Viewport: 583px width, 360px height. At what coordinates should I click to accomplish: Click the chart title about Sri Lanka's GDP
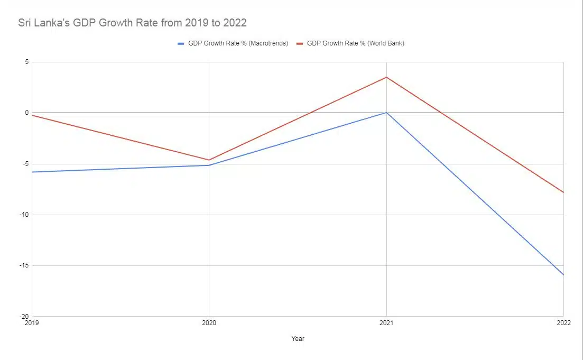(x=132, y=23)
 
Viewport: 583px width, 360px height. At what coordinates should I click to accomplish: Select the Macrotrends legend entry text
(x=238, y=43)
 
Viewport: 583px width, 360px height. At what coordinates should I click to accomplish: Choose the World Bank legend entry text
(x=355, y=43)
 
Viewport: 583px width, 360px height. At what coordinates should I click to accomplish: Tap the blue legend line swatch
(x=181, y=43)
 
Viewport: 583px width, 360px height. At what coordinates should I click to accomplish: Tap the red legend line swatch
(x=299, y=43)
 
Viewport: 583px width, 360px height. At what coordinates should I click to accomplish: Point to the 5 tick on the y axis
(x=25, y=62)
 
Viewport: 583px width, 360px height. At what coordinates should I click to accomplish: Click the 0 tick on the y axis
(x=25, y=113)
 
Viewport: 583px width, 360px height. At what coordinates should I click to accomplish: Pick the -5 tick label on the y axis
(x=24, y=164)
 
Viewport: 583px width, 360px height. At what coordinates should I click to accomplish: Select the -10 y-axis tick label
(x=23, y=215)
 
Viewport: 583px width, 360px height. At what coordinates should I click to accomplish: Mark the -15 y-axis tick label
(x=23, y=265)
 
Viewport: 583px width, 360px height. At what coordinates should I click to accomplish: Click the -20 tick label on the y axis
(x=23, y=316)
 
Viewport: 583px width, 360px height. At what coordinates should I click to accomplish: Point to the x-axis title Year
(x=298, y=339)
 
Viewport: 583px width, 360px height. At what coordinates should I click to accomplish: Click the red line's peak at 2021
(x=386, y=77)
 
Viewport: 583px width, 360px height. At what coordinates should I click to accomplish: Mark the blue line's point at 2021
(x=386, y=113)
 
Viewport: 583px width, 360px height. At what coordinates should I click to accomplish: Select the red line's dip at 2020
(x=209, y=160)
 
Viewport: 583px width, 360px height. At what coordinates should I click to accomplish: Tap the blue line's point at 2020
(x=209, y=165)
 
